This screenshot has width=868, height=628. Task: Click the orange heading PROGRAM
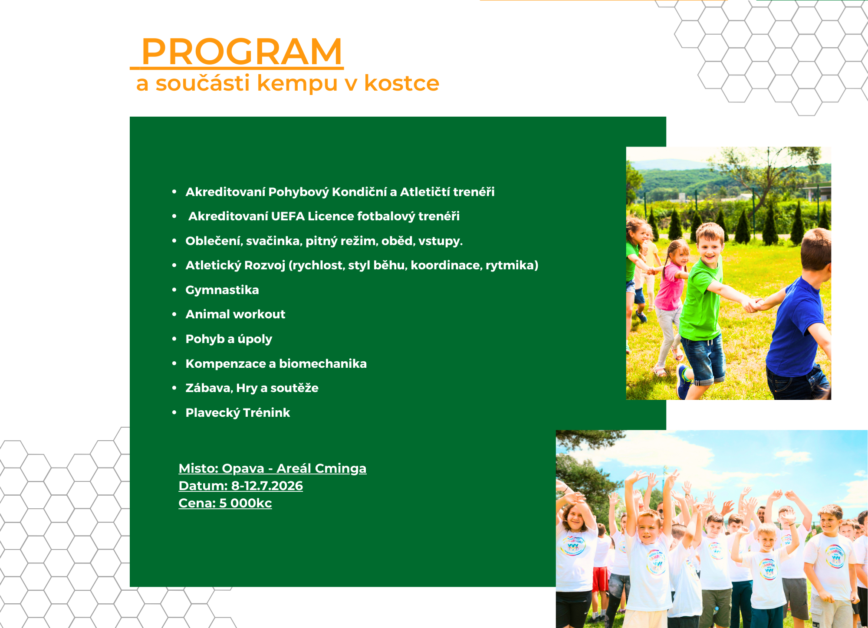tap(242, 52)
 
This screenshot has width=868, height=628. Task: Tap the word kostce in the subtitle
tap(401, 83)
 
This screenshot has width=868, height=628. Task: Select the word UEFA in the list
tap(288, 216)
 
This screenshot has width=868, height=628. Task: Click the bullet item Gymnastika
tap(222, 290)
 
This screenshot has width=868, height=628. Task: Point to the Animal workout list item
tap(235, 314)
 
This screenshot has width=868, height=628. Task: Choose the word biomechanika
tap(323, 363)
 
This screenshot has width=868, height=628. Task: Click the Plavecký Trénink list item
tap(238, 412)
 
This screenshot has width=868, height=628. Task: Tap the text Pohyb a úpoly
tap(229, 339)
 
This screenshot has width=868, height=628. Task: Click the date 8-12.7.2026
tap(267, 486)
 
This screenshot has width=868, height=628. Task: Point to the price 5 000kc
tap(245, 503)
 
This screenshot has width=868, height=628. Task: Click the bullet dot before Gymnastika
tap(174, 290)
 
